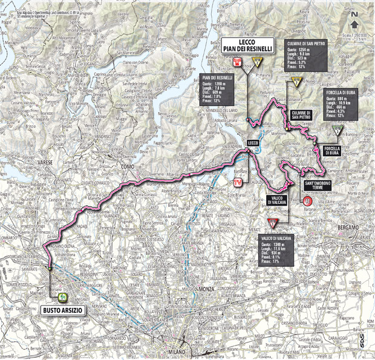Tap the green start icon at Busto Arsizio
(63, 296)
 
